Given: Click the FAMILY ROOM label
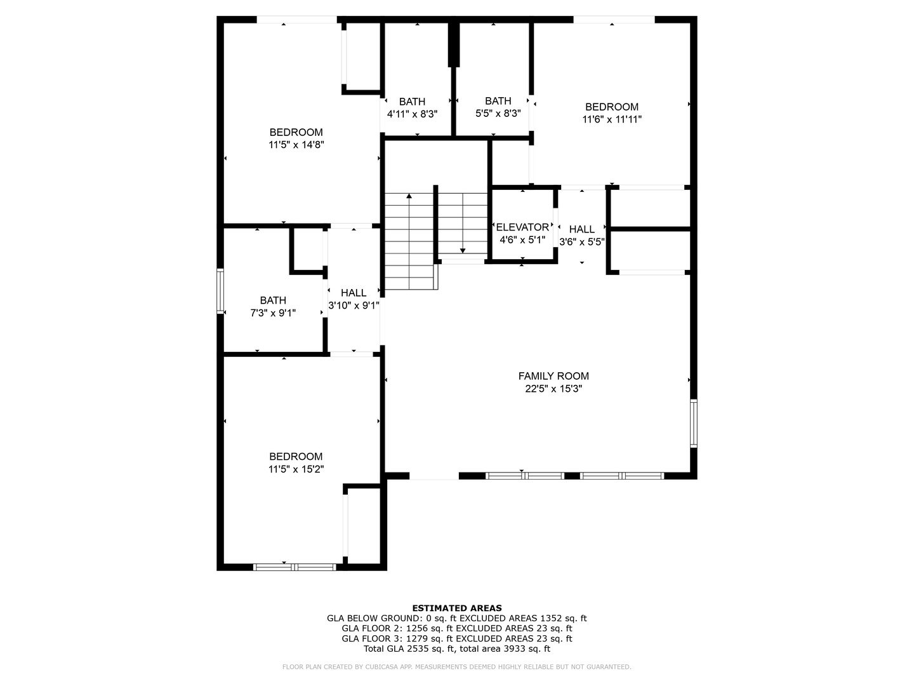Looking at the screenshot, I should (x=553, y=376).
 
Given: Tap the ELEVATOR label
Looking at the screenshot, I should (x=522, y=227).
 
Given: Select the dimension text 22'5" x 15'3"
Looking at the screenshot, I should (x=553, y=389).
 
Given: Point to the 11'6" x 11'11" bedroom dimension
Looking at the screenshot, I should (x=612, y=119).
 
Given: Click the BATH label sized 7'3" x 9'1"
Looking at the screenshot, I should (x=273, y=300).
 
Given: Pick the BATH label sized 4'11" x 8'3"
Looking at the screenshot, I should (x=412, y=102).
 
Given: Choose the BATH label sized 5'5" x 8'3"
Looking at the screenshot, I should (x=498, y=101).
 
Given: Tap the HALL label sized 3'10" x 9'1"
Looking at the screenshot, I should (x=354, y=293).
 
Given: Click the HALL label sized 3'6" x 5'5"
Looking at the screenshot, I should (x=581, y=229).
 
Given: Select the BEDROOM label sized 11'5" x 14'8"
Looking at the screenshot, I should (x=296, y=132).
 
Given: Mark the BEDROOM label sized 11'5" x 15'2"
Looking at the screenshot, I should (x=296, y=456).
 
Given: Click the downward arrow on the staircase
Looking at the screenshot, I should (x=463, y=249).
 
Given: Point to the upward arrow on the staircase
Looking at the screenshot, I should (x=409, y=198).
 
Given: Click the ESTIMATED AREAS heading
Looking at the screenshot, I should (x=457, y=608).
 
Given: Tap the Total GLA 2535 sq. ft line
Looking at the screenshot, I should (x=457, y=649).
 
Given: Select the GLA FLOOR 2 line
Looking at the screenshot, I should (x=457, y=628).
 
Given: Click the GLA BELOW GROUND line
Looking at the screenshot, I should (x=457, y=618).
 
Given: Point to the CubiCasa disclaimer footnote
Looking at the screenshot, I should (x=457, y=667).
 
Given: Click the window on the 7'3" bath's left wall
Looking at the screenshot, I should (x=220, y=291).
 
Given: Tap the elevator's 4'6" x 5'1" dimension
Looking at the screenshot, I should (x=522, y=240).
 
